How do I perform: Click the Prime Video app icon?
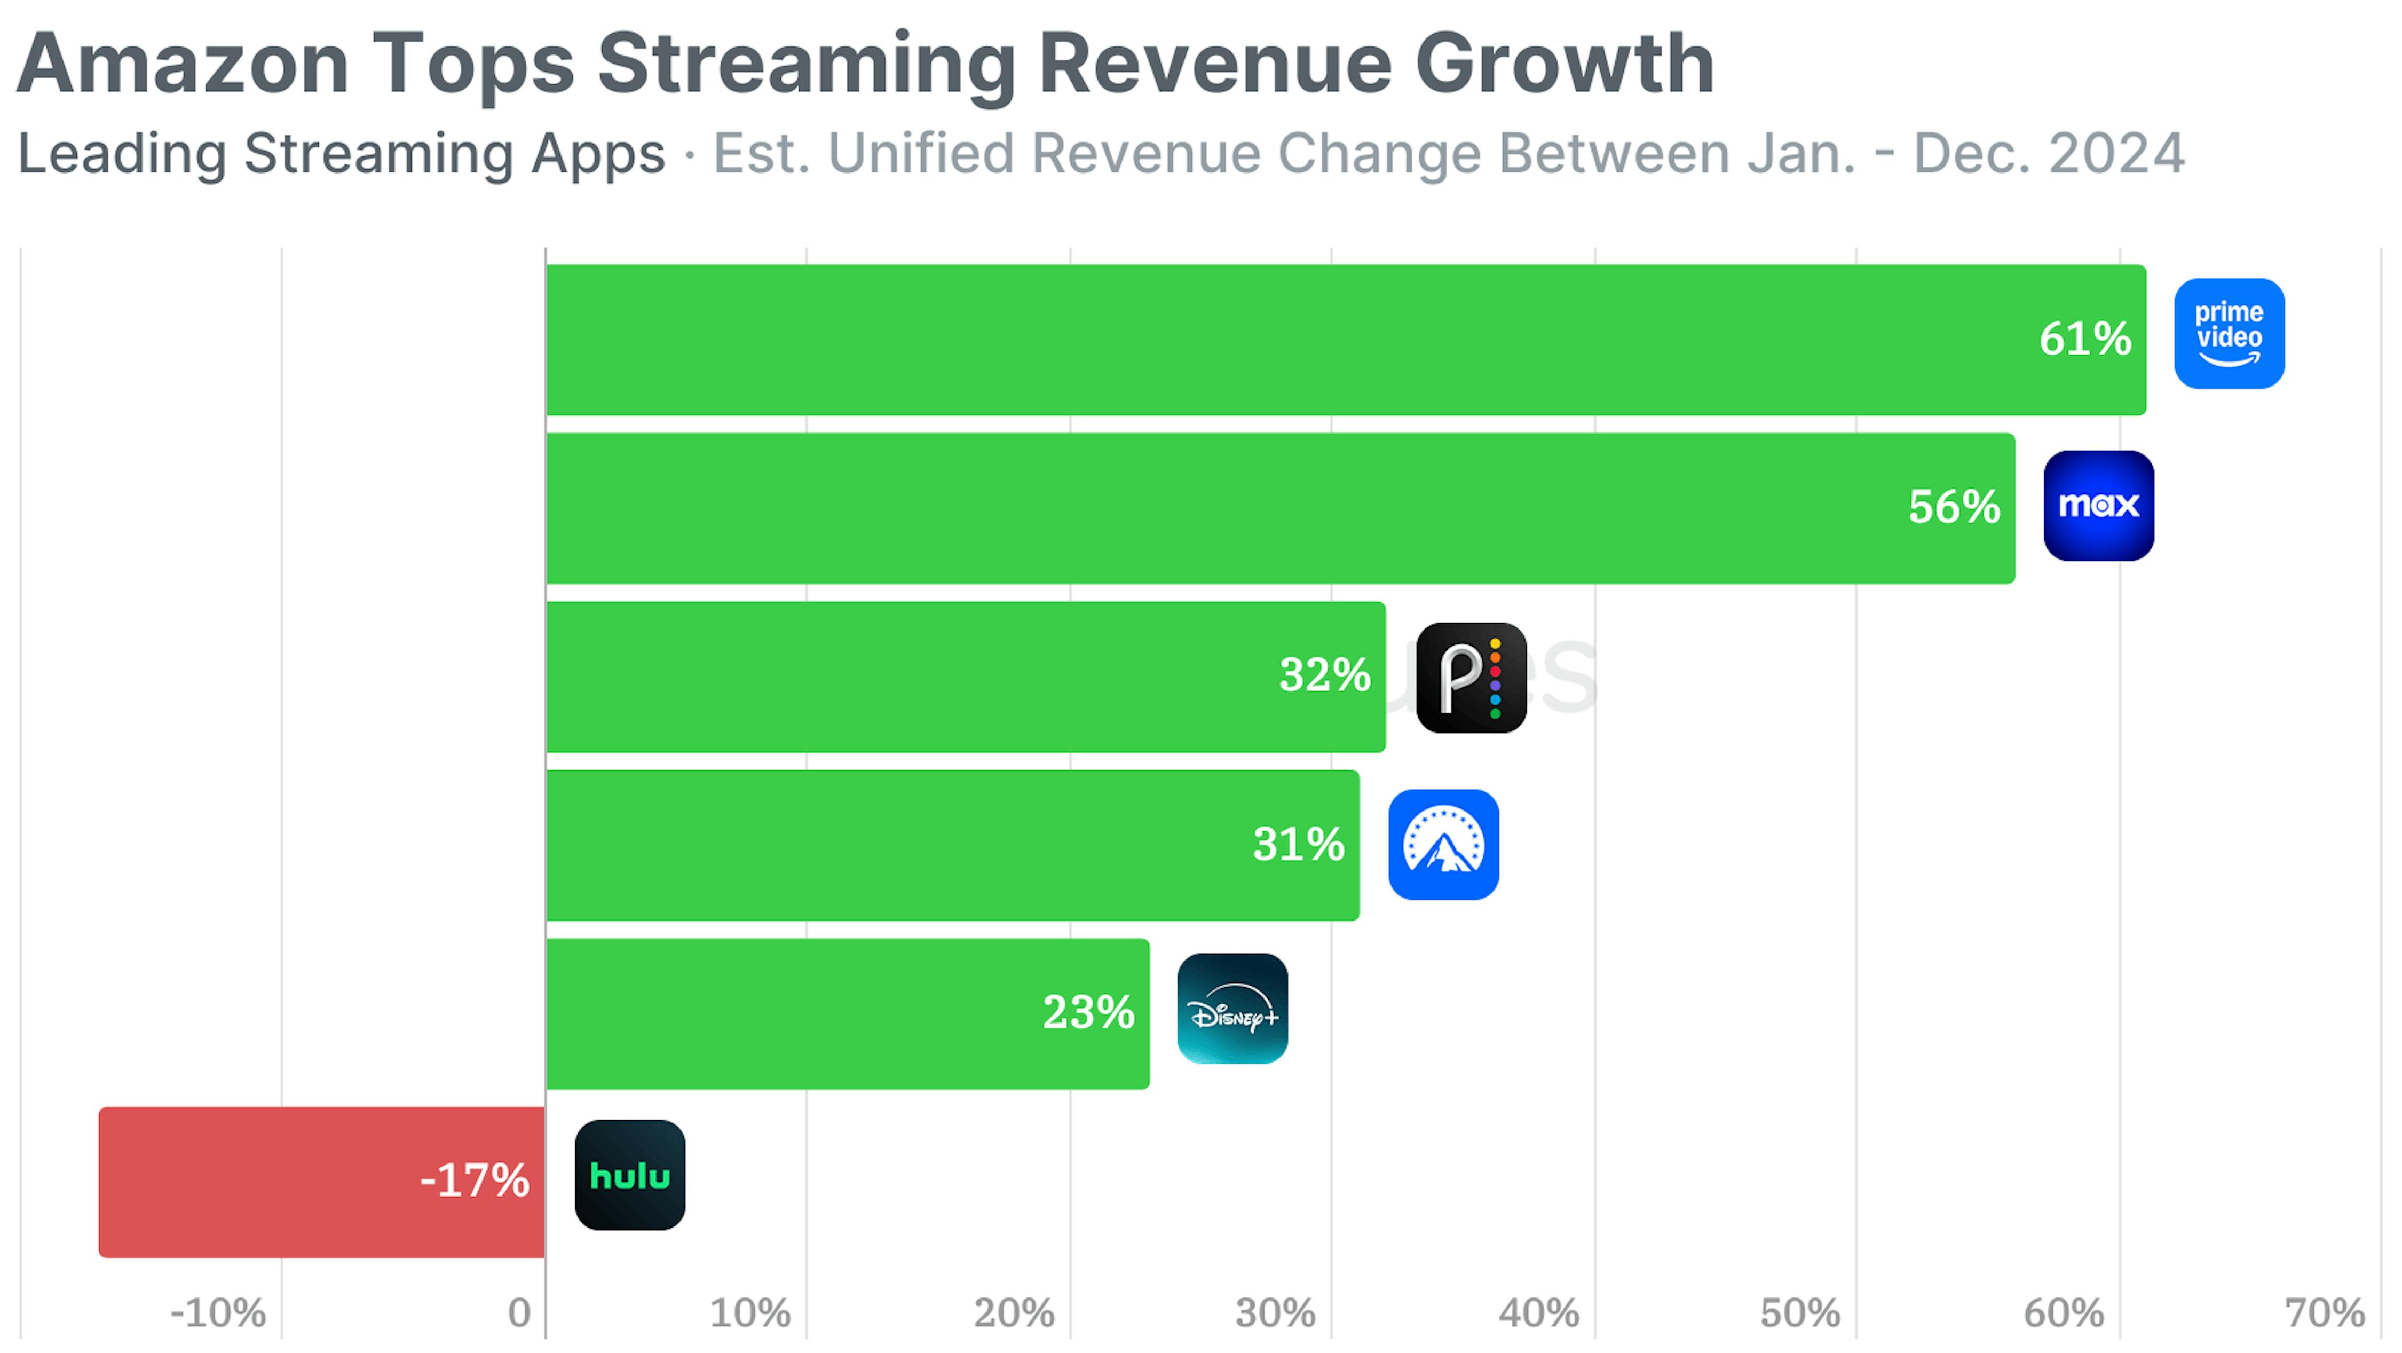[x=2229, y=334]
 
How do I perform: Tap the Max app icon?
[x=2098, y=506]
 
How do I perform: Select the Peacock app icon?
[x=1471, y=678]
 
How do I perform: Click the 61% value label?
[x=2085, y=339]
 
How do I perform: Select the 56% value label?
[x=1954, y=507]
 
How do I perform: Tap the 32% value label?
[x=1324, y=675]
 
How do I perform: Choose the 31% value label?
[x=1298, y=844]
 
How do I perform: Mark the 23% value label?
[x=1088, y=1013]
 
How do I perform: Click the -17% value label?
[x=475, y=1181]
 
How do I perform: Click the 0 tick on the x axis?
[x=519, y=1313]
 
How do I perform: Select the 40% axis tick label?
[x=1538, y=1313]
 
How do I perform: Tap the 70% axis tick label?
[x=2324, y=1313]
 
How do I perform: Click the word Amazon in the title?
[x=183, y=64]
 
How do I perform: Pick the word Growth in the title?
[x=1564, y=64]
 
